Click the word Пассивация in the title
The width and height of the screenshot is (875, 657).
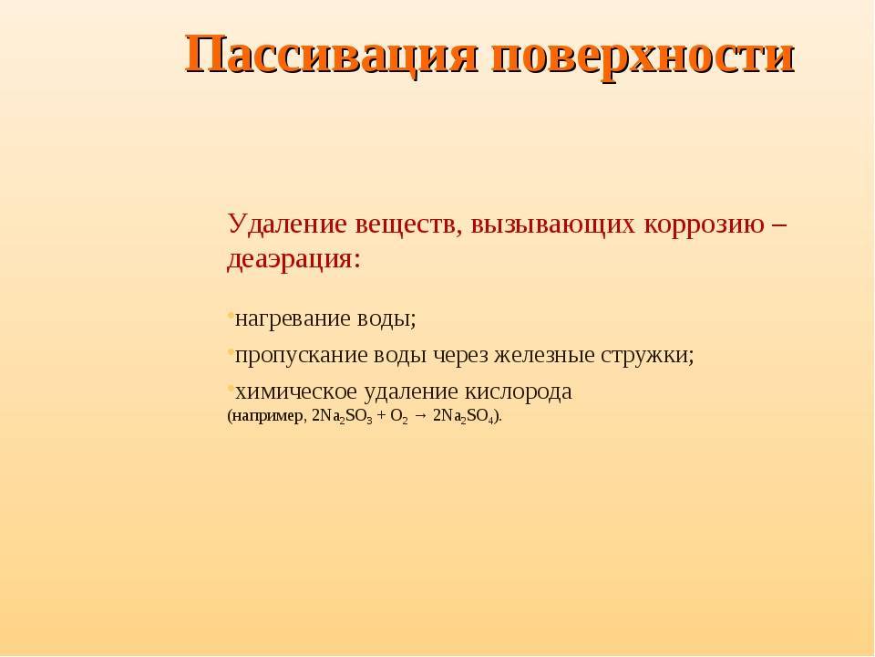pyautogui.click(x=332, y=56)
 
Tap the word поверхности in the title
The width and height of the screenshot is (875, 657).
pyautogui.click(x=643, y=56)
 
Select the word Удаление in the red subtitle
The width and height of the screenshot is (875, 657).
pyautogui.click(x=287, y=224)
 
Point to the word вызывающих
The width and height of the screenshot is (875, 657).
pyautogui.click(x=553, y=225)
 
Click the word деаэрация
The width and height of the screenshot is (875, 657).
pyautogui.click(x=293, y=260)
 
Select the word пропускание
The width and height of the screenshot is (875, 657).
pyautogui.click(x=302, y=355)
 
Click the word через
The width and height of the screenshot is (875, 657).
pyautogui.click(x=460, y=355)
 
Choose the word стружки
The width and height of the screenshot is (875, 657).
pyautogui.click(x=647, y=355)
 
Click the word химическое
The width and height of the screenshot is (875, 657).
pyautogui.click(x=296, y=391)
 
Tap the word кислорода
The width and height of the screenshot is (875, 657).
pyautogui.click(x=519, y=391)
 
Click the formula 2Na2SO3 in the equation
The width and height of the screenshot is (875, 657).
pyautogui.click(x=342, y=417)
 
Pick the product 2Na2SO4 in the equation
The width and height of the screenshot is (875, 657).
pyautogui.click(x=463, y=417)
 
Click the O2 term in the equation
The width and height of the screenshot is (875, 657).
pyautogui.click(x=399, y=417)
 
